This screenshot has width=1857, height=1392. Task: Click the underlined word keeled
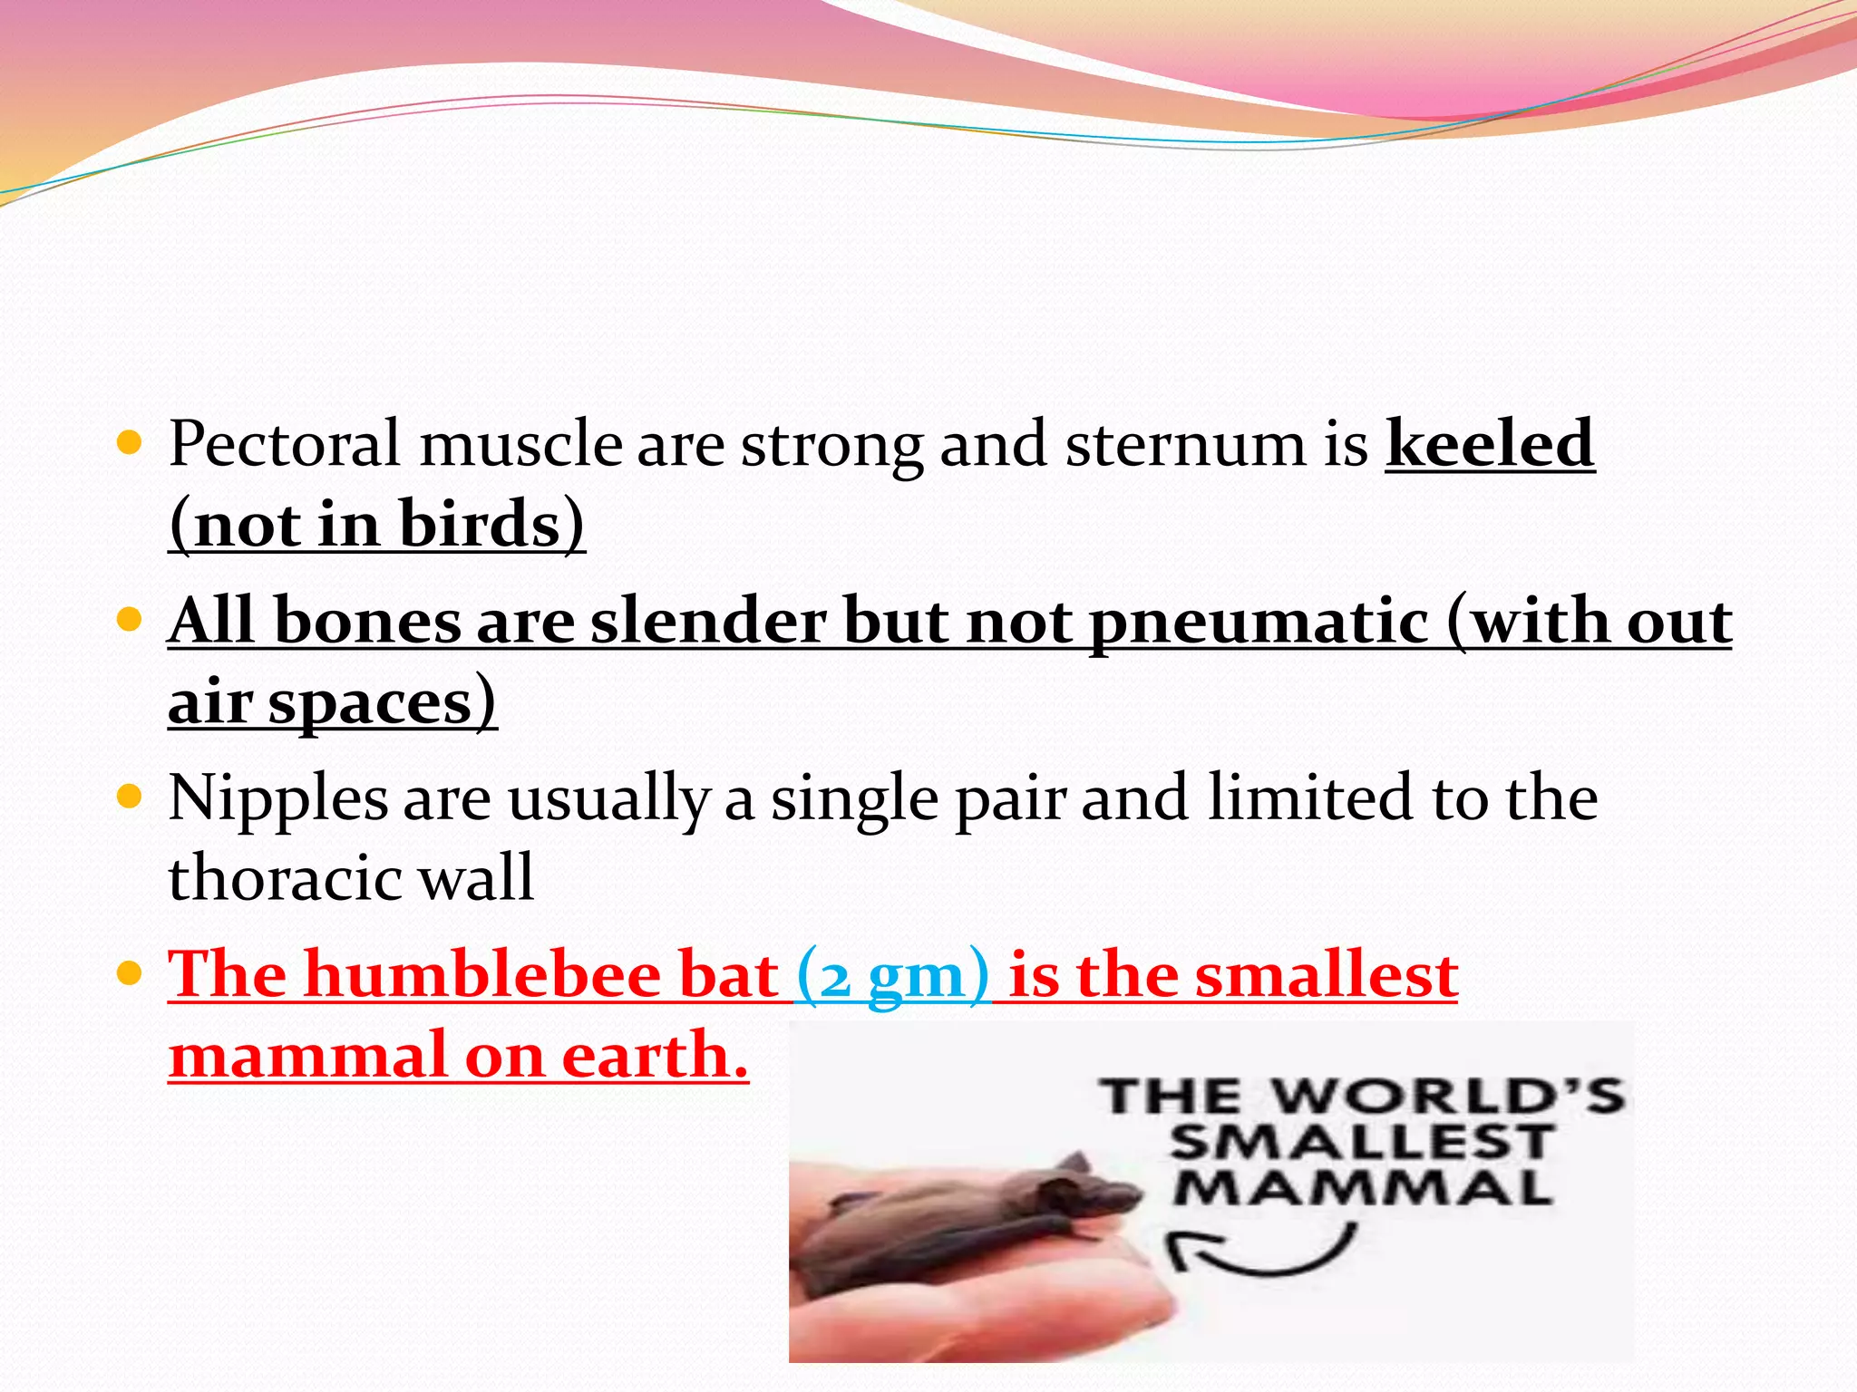1489,444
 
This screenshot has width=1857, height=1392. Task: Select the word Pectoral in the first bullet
284,444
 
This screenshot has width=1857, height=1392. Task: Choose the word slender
707,622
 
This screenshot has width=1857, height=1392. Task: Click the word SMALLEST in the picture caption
1360,1142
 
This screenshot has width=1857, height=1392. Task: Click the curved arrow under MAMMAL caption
1260,1252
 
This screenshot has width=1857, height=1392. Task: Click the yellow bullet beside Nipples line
131,797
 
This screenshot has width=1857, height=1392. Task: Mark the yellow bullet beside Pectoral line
131,443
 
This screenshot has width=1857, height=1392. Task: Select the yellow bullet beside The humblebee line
131,974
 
